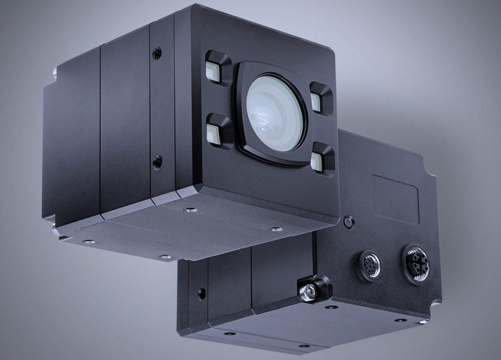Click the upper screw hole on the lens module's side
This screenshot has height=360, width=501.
[x=157, y=54]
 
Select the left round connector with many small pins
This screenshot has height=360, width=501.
[x=369, y=264]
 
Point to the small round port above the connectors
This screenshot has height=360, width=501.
[x=349, y=222]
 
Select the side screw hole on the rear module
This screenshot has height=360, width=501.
[x=202, y=293]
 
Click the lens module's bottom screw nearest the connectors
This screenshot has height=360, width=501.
[x=276, y=229]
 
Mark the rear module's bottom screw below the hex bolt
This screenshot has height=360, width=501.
[x=331, y=307]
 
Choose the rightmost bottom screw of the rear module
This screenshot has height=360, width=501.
[x=401, y=320]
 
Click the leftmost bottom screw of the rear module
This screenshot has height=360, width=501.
[x=229, y=333]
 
